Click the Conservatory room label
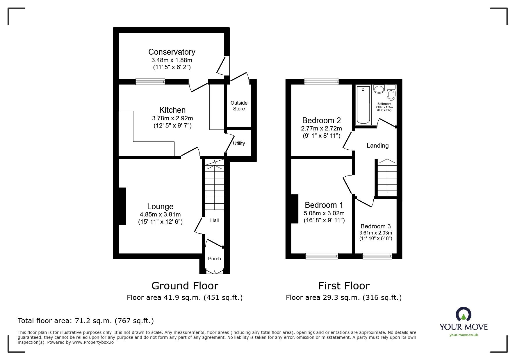tap(172, 52)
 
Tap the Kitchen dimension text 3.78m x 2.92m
tap(172, 118)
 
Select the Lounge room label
tap(160, 207)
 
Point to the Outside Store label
tap(239, 106)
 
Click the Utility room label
tap(239, 143)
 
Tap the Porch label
tap(214, 259)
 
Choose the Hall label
tap(215, 220)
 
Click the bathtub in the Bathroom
tap(363, 105)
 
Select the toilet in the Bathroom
tap(391, 93)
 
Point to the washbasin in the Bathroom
tap(379, 89)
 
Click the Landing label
tap(377, 146)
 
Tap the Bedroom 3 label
tap(376, 226)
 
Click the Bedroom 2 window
tap(322, 82)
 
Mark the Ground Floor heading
tap(185, 286)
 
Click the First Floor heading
tap(344, 286)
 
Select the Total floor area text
tap(86, 321)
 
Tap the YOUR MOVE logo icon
tap(464, 314)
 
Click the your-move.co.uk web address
tap(464, 335)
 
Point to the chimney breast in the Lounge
tap(122, 206)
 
